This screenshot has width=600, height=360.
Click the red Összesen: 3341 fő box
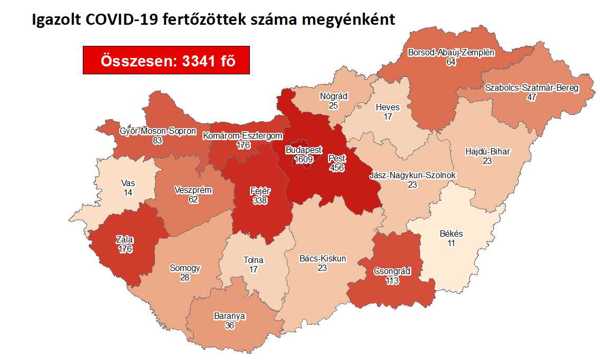click(166, 60)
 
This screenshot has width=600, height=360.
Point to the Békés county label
click(451, 233)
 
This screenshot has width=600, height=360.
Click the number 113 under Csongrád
click(392, 281)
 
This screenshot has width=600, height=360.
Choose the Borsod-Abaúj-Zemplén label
click(451, 53)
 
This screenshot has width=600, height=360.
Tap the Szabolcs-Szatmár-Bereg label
click(531, 88)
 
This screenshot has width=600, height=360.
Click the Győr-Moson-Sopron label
click(158, 131)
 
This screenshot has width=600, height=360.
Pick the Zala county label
click(124, 240)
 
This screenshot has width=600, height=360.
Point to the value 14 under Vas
click(128, 193)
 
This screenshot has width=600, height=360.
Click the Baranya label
click(229, 316)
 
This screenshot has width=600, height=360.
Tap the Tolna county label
click(253, 260)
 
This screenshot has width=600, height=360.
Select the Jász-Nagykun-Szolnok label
click(413, 176)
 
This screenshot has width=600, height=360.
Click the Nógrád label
click(333, 96)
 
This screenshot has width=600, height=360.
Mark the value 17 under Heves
click(388, 117)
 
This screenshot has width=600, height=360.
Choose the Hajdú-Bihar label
click(487, 152)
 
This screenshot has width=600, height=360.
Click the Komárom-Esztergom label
click(243, 136)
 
